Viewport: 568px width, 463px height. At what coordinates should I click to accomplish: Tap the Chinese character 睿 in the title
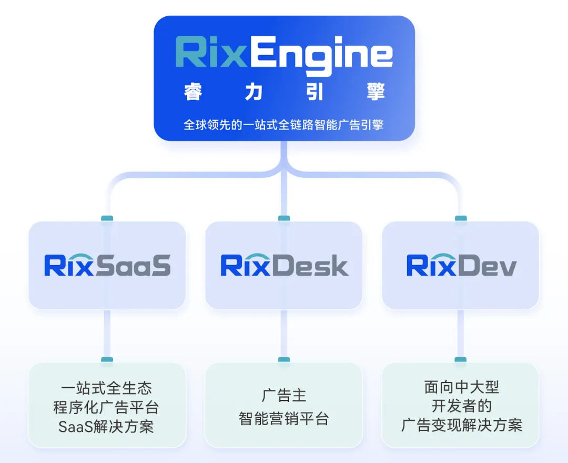(193, 92)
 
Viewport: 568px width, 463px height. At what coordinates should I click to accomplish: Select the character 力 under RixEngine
(254, 92)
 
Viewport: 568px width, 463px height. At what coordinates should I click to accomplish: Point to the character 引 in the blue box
(315, 92)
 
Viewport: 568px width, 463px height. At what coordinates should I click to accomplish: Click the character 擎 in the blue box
(376, 92)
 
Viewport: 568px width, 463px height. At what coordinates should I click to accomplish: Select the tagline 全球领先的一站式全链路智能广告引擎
(284, 125)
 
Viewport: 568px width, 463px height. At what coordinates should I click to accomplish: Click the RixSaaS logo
(107, 265)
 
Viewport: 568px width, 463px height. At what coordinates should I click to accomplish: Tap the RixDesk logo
(284, 265)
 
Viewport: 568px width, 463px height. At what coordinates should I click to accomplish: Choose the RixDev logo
(461, 265)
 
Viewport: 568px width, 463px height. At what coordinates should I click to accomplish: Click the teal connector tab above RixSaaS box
(107, 218)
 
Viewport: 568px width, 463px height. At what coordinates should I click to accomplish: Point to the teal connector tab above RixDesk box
(284, 218)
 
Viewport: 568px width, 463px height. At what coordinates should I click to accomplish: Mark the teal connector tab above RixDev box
(461, 218)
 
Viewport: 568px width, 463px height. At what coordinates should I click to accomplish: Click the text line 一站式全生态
(107, 388)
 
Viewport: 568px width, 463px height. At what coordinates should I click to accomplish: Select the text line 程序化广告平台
(107, 407)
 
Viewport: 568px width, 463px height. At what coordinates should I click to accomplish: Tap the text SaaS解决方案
(107, 426)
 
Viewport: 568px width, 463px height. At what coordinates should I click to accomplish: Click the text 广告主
(284, 396)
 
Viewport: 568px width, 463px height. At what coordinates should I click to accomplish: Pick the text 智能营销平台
(284, 419)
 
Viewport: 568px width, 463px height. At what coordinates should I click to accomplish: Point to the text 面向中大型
(461, 388)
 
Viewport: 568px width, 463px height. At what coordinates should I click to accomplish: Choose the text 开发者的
(461, 406)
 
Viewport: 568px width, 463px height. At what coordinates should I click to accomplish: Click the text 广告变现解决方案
(461, 425)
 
